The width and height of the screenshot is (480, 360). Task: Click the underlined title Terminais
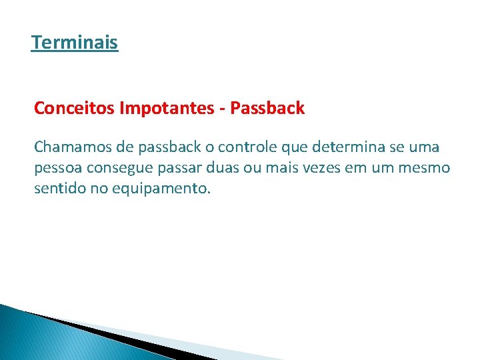(75, 43)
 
